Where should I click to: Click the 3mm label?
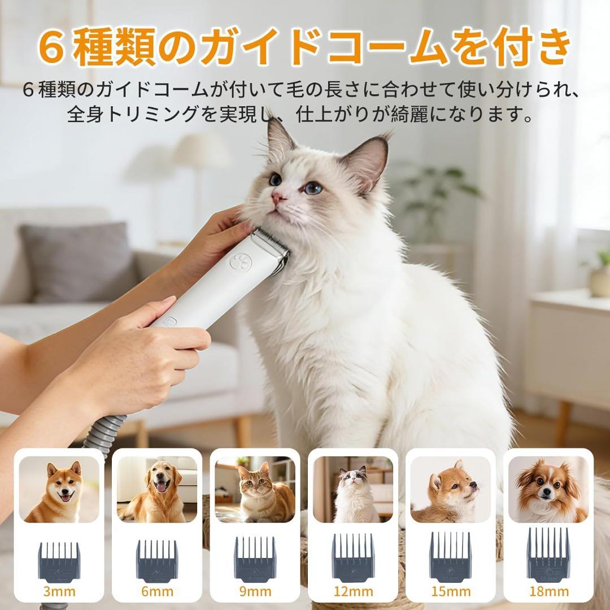pos(59,592)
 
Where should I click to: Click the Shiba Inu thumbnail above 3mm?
pos(59,489)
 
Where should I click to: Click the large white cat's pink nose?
pos(277,198)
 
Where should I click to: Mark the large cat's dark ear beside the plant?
pos(368,161)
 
